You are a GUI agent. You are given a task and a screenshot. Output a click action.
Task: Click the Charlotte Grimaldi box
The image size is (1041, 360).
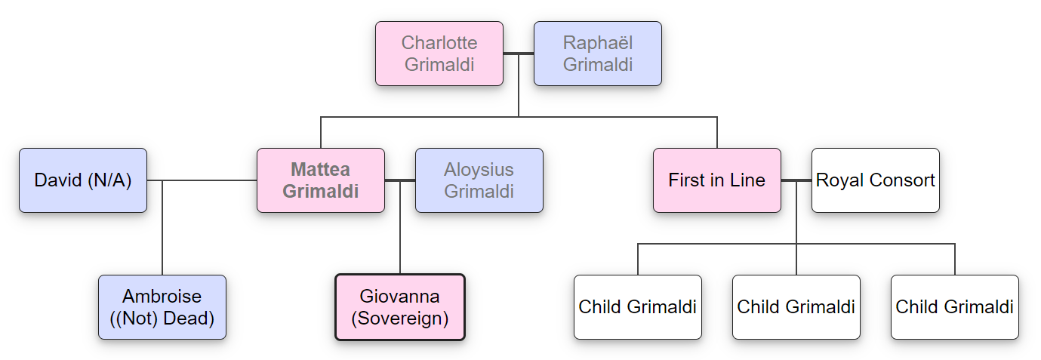[x=439, y=54]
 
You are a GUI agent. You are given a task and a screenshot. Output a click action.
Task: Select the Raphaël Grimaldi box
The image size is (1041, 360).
[x=597, y=54]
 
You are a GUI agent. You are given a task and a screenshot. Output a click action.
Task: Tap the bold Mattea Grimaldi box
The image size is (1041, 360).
[x=320, y=180]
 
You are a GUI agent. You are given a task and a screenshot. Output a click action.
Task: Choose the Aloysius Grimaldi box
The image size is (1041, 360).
[x=479, y=180]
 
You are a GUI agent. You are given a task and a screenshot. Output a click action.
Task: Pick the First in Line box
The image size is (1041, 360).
[x=716, y=180]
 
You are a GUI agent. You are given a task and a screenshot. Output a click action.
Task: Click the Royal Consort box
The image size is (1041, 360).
[x=875, y=180]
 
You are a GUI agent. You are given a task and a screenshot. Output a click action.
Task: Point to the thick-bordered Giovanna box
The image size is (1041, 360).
[x=399, y=307]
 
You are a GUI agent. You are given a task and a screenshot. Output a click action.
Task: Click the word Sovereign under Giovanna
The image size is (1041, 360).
[x=400, y=318]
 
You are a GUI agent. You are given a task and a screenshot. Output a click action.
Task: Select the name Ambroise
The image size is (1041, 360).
[x=162, y=297]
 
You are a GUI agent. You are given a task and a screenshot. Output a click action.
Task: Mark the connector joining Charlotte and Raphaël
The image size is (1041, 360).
[x=519, y=54]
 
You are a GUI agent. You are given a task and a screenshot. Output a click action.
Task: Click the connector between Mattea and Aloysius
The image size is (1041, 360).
[x=400, y=180]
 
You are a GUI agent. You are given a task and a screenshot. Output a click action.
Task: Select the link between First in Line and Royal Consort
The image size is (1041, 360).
[x=796, y=180]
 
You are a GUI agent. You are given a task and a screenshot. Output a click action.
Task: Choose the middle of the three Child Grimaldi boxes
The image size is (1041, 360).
[x=796, y=307]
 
